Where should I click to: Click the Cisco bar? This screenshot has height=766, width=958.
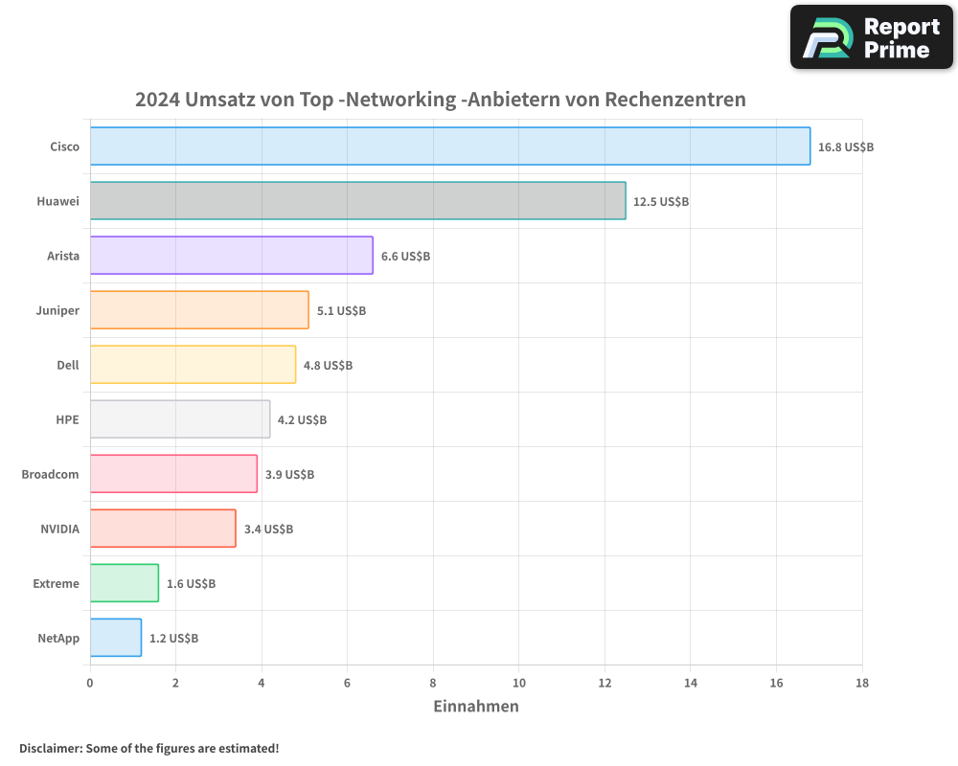click(450, 146)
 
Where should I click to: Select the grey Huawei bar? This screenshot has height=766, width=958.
click(357, 201)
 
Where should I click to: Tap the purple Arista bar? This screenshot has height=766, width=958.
click(231, 256)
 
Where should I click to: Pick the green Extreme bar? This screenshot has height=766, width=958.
click(125, 583)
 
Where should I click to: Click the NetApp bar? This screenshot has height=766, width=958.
click(116, 638)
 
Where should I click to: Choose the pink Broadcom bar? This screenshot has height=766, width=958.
click(173, 474)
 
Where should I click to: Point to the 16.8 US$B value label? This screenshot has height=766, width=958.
click(846, 147)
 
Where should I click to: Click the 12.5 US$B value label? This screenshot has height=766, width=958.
click(661, 202)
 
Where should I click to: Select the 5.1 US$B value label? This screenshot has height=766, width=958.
click(341, 311)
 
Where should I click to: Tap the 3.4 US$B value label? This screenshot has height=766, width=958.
click(268, 529)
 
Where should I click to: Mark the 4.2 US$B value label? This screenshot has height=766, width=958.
click(302, 420)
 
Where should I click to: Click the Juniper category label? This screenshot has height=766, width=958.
click(58, 310)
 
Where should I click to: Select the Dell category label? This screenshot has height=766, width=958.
click(68, 365)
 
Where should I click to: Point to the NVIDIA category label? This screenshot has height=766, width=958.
click(59, 529)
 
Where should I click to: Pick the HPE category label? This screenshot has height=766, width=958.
click(67, 419)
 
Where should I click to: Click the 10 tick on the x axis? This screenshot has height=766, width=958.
click(518, 684)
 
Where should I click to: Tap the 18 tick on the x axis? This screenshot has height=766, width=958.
click(861, 684)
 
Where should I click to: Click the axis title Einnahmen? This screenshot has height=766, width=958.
click(476, 707)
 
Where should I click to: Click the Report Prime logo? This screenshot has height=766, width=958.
click(871, 37)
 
